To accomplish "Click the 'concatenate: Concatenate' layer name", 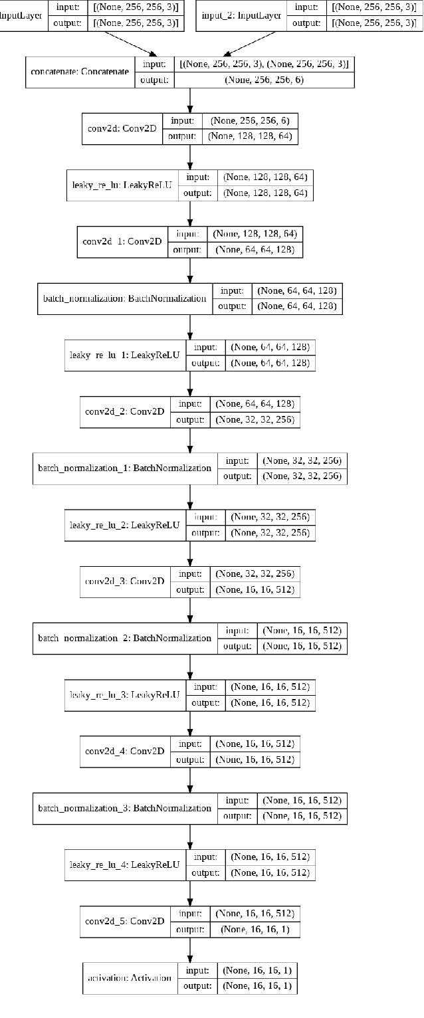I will coord(80,72).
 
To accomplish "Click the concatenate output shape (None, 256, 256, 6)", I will coord(264,80).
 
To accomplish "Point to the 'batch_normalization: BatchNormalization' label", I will coord(124,298).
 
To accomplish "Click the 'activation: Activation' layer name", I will coord(129,978).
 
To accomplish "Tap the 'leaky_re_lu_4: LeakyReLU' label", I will coord(124,865).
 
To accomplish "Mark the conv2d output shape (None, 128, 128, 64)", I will coord(253,136).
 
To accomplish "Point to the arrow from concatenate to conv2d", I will coord(191,100).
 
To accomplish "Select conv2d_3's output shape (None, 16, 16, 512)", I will coord(253,589).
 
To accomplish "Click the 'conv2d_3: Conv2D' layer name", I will coord(124,581).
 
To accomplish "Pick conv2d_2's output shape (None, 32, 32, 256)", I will coord(253,419).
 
